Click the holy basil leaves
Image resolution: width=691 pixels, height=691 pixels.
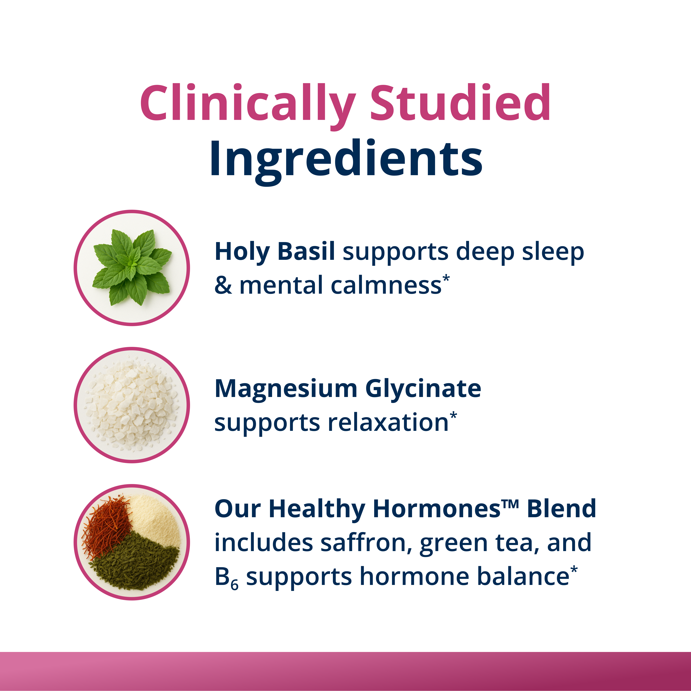click(x=132, y=266)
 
